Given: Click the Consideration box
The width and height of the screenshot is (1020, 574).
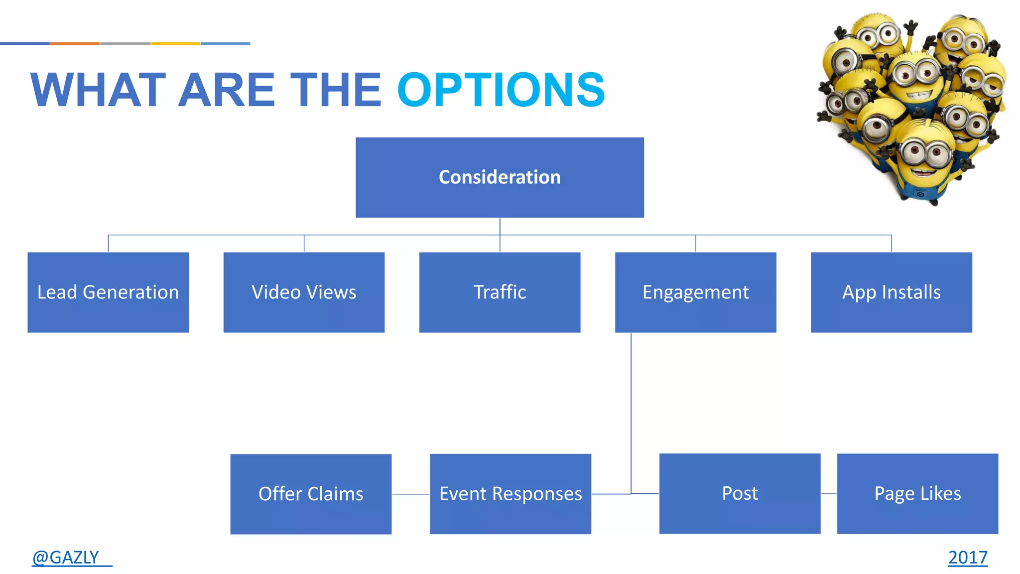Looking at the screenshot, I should [x=500, y=177].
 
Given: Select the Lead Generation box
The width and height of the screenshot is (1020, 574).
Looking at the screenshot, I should [x=108, y=292].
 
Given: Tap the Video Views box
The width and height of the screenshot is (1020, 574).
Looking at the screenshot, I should [x=304, y=292].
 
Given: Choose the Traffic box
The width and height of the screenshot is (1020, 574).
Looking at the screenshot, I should [x=500, y=292].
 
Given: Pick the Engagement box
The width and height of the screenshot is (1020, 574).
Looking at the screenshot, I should [x=695, y=292].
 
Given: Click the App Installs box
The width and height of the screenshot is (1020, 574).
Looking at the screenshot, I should [x=891, y=292].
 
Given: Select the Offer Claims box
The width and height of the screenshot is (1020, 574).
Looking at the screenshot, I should [x=311, y=494].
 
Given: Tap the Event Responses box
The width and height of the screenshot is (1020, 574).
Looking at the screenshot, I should [x=510, y=494].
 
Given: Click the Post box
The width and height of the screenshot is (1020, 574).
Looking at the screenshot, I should [x=740, y=493].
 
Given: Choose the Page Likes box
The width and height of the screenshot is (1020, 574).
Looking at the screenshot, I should [x=917, y=493].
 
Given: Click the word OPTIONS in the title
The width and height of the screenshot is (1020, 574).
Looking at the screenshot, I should [x=501, y=90].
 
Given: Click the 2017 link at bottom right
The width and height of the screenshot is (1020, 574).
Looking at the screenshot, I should [x=967, y=557].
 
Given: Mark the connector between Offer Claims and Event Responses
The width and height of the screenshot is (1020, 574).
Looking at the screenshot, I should [x=410, y=494].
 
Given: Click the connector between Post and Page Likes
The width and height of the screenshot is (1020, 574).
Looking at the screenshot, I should [x=829, y=494].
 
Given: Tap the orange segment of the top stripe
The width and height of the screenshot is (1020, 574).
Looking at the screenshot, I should [x=75, y=43].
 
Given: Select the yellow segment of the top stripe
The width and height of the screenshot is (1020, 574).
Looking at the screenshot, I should [x=175, y=43].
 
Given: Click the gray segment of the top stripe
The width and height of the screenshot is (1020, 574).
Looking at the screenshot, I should [x=125, y=43].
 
